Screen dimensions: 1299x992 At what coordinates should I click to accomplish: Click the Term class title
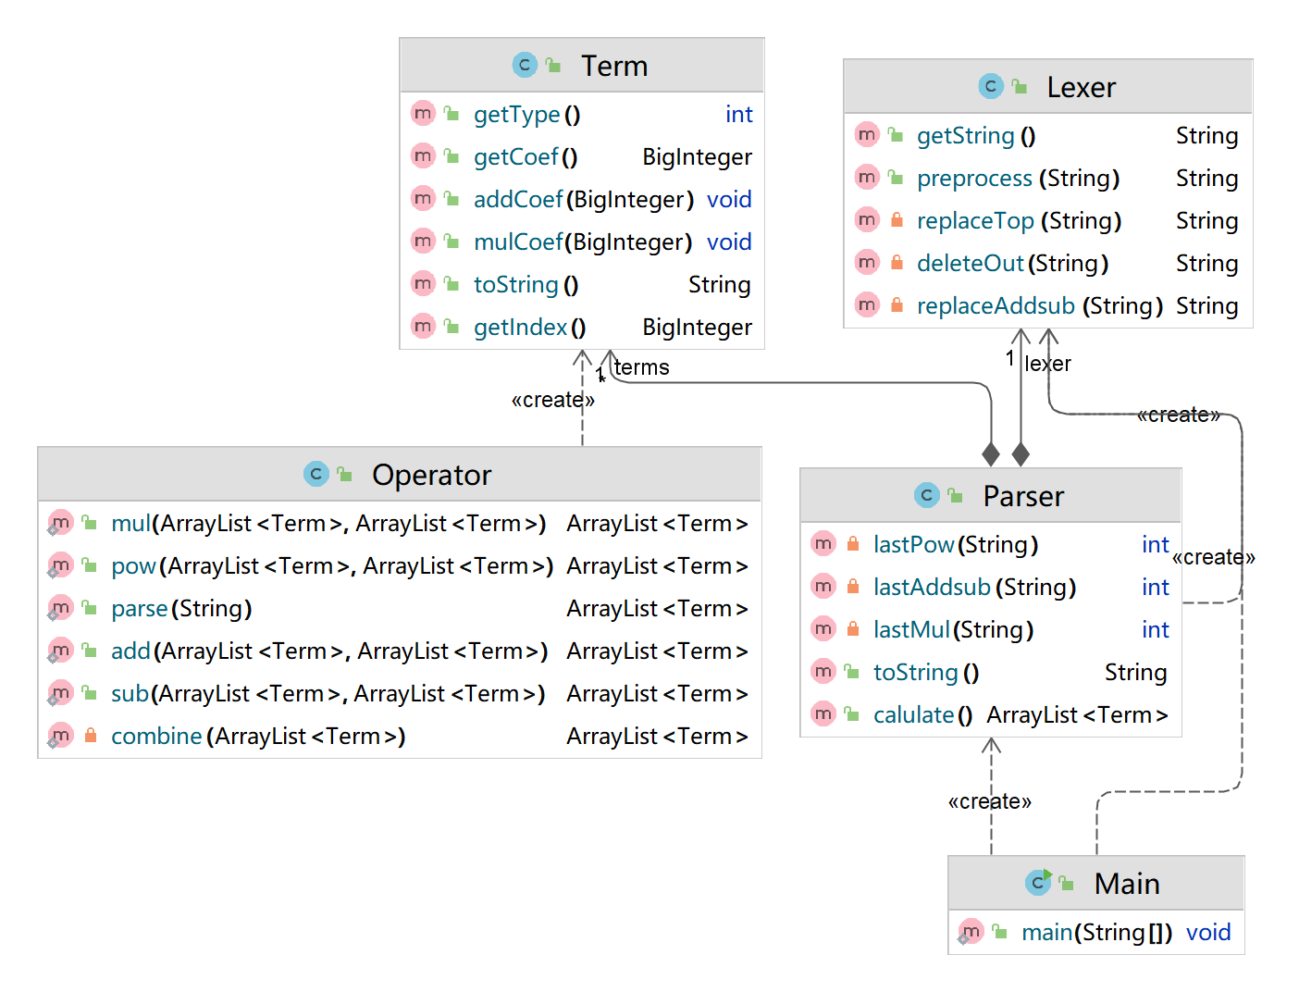click(x=613, y=66)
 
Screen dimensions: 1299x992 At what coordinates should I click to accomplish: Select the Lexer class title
click(x=1081, y=87)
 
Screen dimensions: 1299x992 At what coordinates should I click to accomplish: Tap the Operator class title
click(x=431, y=475)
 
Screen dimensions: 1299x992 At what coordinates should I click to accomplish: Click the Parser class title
click(x=1022, y=496)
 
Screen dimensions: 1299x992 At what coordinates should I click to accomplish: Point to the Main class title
click(x=1126, y=884)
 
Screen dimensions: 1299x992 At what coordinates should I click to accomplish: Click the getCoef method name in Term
click(x=515, y=156)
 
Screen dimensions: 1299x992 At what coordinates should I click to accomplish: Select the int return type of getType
click(x=738, y=114)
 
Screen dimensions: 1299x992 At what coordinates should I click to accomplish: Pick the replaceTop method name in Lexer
click(x=974, y=221)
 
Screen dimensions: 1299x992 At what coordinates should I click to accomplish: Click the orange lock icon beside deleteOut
click(x=897, y=262)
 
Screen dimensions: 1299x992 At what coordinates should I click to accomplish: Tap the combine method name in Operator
click(x=157, y=737)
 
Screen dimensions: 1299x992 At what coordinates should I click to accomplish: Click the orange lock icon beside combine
click(x=91, y=735)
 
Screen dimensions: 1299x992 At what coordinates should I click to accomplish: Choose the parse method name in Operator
click(x=140, y=609)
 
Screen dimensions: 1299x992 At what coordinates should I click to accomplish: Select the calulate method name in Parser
click(x=913, y=715)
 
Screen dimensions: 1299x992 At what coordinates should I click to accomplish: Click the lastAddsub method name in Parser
click(x=932, y=588)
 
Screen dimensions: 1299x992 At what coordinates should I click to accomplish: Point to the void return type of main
click(x=1207, y=932)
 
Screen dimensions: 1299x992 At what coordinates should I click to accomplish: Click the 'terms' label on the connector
click(x=641, y=367)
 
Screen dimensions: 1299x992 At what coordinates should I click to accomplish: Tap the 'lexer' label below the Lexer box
click(x=1047, y=364)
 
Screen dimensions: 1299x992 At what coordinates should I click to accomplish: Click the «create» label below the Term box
click(x=552, y=400)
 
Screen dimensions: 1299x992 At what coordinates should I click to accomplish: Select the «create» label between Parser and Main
click(x=989, y=801)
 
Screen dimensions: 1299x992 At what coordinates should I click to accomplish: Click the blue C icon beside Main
click(x=1037, y=883)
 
